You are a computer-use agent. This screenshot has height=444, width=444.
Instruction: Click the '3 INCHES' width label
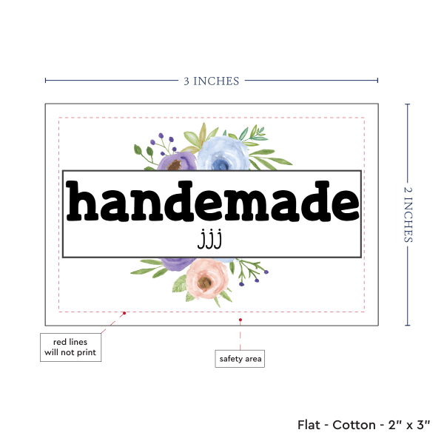(211, 81)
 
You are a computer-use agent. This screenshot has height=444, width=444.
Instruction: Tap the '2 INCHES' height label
(409, 214)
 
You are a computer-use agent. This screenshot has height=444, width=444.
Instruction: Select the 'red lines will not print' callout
(70, 347)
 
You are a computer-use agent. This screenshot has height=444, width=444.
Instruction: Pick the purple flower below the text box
(176, 262)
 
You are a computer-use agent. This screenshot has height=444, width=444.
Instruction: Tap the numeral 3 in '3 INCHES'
(186, 81)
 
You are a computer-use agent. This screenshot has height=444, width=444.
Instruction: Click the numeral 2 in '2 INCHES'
(409, 191)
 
